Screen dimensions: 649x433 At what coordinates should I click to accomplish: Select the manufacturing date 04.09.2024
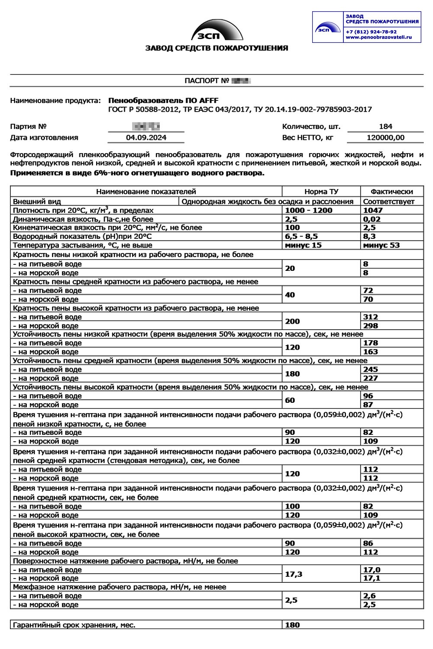(146, 138)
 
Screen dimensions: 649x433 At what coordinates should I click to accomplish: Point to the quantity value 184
(385, 126)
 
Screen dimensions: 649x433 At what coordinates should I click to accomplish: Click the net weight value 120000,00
(385, 138)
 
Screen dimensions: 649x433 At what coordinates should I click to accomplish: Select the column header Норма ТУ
(321, 191)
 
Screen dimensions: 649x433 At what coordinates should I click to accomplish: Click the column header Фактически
(392, 191)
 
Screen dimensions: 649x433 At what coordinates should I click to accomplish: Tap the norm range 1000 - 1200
(309, 210)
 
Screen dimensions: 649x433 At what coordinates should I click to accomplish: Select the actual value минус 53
(381, 245)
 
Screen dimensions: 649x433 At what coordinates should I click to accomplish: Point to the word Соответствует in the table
(389, 201)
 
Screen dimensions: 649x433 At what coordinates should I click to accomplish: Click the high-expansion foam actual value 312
(371, 317)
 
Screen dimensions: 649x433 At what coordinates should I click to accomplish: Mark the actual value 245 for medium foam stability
(371, 369)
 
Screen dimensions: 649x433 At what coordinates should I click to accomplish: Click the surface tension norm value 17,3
(294, 574)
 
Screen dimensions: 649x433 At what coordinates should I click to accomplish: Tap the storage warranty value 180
(292, 625)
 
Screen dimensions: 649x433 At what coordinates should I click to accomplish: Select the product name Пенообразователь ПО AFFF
(163, 100)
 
